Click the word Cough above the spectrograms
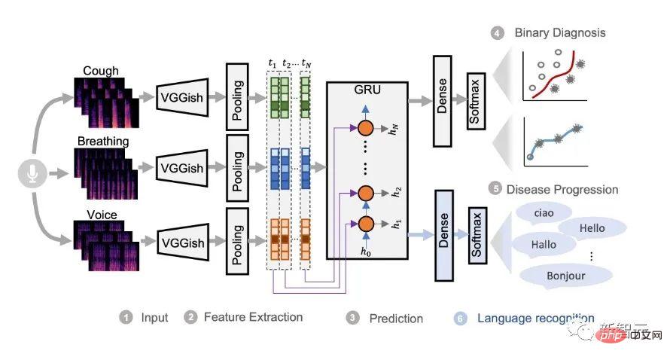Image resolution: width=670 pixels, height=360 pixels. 102,72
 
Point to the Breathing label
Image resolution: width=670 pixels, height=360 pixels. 103,141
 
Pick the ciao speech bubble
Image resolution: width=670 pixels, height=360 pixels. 543,213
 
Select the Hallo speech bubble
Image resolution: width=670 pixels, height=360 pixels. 544,244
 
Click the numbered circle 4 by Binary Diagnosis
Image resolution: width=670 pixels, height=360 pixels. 498,33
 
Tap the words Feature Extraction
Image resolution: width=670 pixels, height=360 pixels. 253,317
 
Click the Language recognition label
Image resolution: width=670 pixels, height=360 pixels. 535,319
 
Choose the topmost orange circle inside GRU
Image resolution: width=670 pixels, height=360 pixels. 367,128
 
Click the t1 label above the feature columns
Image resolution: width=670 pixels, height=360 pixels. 273,63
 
